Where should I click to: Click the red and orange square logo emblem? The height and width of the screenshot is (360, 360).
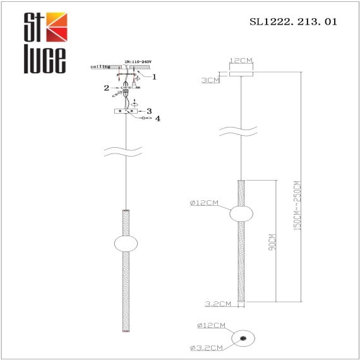[55, 27]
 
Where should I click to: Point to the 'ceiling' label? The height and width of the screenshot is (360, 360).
[100, 66]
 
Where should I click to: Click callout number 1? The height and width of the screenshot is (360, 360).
[153, 77]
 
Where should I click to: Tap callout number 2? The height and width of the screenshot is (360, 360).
[107, 88]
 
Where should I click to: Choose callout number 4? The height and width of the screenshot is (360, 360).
[158, 119]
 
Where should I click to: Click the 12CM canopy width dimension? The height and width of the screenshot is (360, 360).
[241, 61]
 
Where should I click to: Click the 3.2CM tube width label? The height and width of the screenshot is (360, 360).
[219, 304]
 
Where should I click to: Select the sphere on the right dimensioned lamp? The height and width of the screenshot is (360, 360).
[240, 214]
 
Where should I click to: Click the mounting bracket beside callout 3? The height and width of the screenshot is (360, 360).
[127, 111]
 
